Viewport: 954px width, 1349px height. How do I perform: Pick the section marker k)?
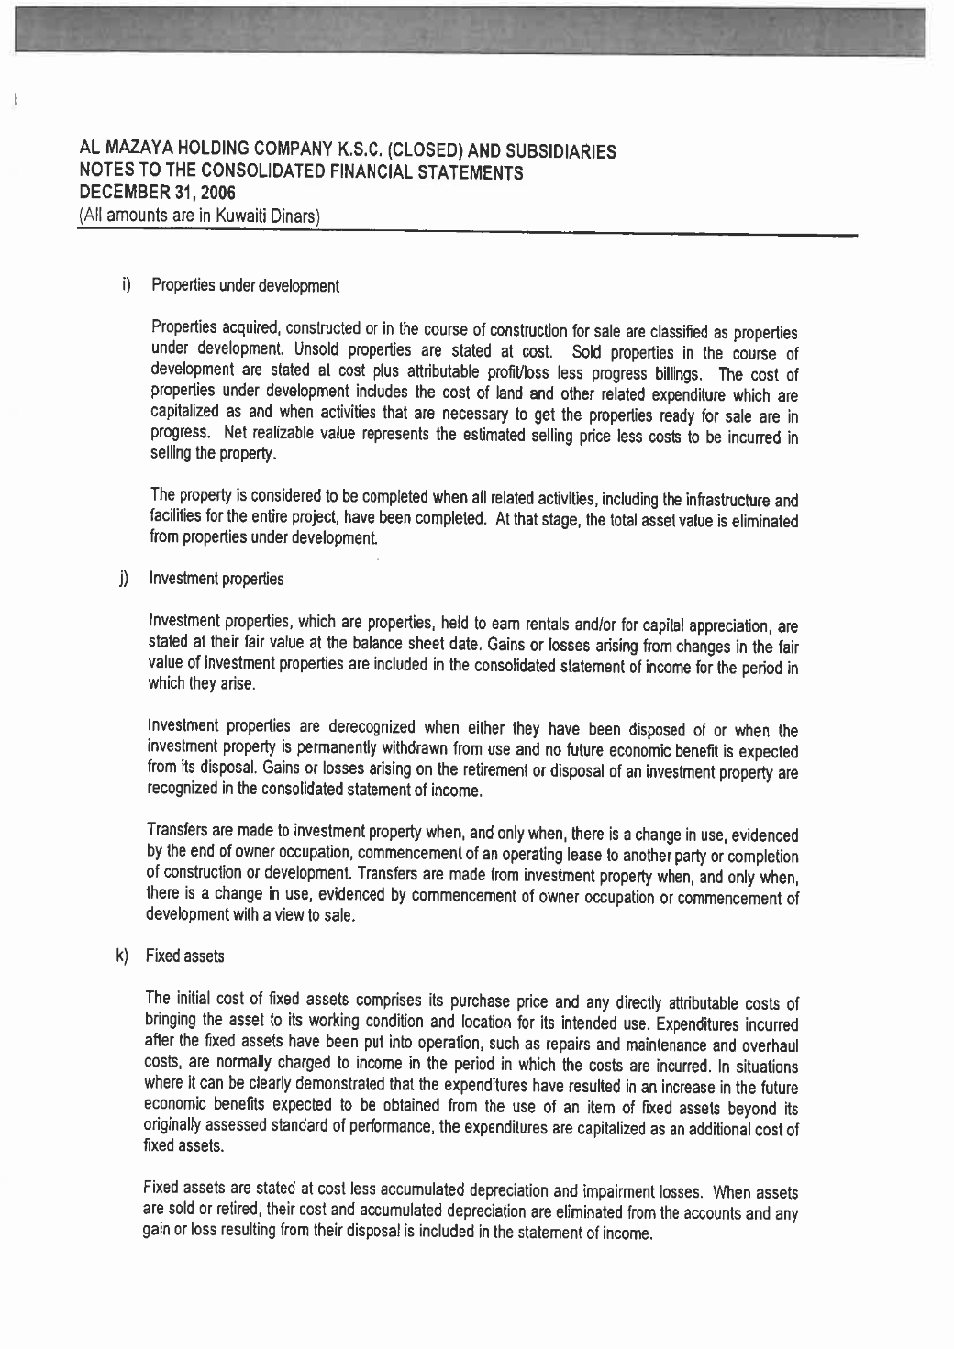[x=122, y=956]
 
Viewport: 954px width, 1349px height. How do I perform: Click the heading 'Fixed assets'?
[x=185, y=956]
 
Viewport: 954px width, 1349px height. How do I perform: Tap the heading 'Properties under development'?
[x=245, y=285]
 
